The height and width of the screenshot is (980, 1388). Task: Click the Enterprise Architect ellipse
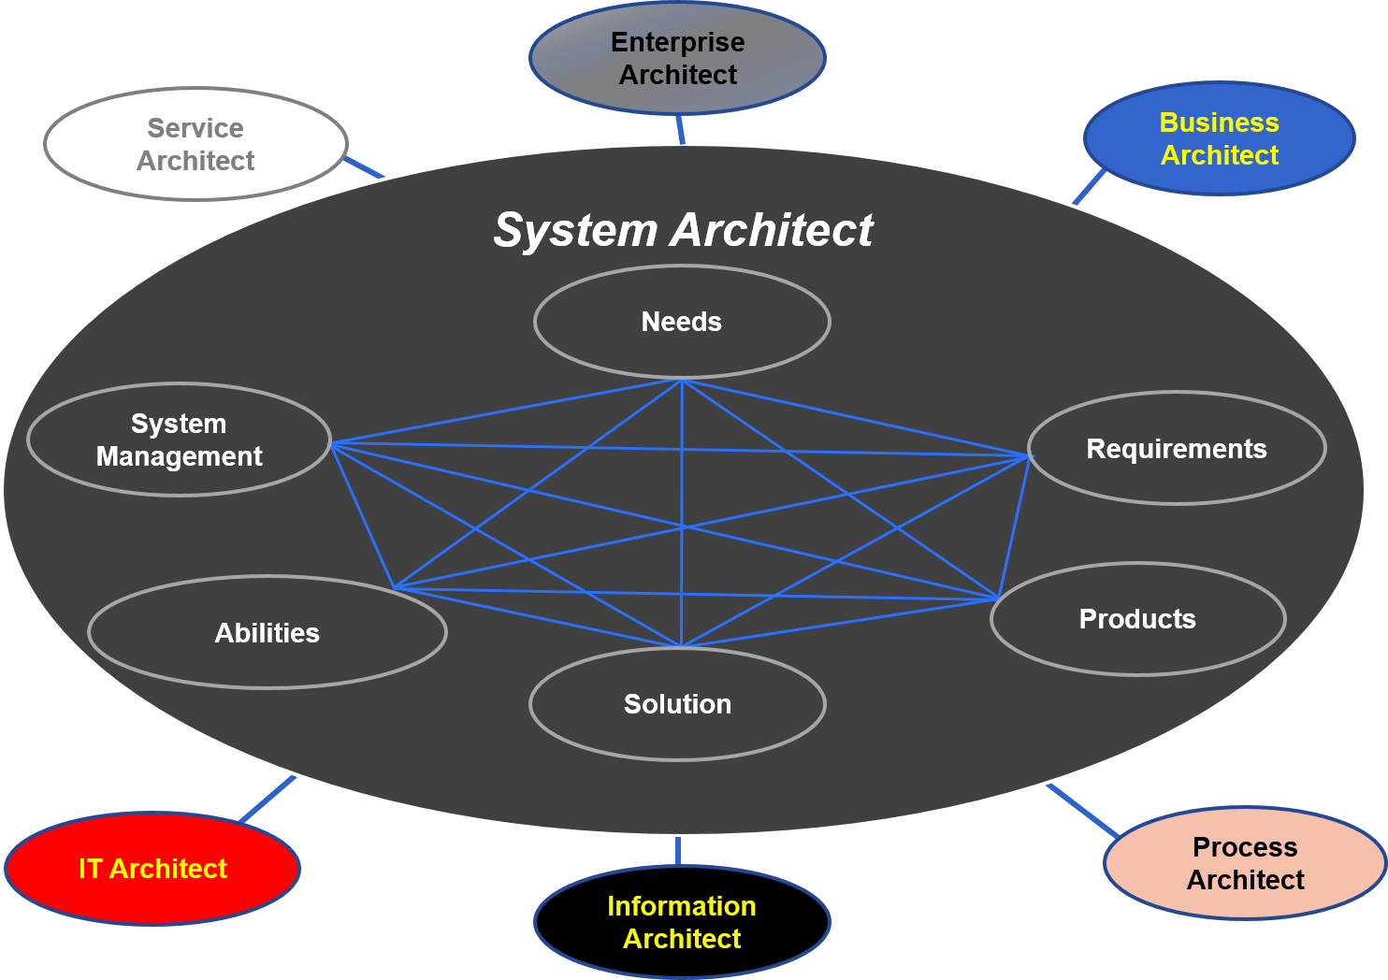pos(677,58)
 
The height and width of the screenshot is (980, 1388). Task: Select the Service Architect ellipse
pos(195,144)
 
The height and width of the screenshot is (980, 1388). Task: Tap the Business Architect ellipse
pos(1219,138)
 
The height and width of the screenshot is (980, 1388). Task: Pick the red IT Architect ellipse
pos(152,869)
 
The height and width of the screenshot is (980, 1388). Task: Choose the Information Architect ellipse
pos(682,922)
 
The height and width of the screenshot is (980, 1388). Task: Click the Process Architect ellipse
pos(1245,863)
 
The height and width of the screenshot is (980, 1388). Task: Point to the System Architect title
pos(683,230)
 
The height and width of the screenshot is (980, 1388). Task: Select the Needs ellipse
pos(682,322)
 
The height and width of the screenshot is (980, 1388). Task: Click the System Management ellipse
pos(179,440)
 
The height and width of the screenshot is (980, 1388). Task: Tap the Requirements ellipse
pos(1177,449)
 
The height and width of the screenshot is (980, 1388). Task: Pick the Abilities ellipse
pos(267,633)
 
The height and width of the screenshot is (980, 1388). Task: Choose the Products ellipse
pos(1137,619)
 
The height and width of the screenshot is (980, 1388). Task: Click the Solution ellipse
pos(677,704)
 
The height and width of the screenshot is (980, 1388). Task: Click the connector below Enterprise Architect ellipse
pos(681,129)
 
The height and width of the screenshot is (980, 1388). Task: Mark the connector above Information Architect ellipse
pos(677,851)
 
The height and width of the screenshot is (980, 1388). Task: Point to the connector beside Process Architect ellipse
pos(1082,810)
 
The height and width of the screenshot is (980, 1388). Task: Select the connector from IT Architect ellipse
pos(268,799)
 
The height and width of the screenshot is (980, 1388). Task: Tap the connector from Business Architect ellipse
pos(1090,185)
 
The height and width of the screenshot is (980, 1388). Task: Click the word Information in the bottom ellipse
pos(682,906)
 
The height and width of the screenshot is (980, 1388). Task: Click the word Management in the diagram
pos(179,456)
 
